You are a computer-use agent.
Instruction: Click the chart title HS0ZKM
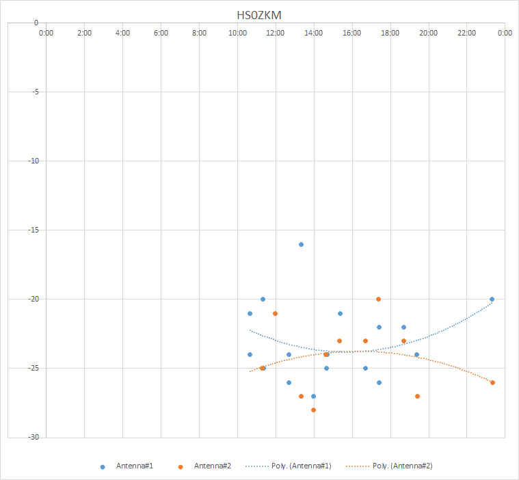258,14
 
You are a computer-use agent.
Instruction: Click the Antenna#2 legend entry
213,466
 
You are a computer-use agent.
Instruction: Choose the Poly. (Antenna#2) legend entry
403,466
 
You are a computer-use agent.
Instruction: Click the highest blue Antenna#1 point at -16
301,244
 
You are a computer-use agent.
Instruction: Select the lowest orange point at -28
313,410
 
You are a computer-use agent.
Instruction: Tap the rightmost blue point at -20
492,299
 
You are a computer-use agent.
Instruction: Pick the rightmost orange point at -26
492,382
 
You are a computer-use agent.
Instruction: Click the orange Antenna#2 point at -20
378,299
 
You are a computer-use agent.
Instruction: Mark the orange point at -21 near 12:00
275,313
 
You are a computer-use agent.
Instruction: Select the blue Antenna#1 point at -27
313,396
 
